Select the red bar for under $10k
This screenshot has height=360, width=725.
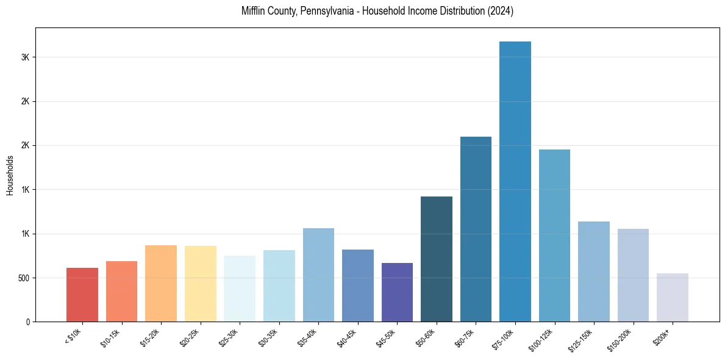82,295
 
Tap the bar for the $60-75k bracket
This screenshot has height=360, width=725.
476,229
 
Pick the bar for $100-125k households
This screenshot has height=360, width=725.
554,236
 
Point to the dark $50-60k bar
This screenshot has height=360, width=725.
437,259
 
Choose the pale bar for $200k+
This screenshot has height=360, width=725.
673,297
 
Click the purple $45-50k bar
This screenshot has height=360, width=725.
397,292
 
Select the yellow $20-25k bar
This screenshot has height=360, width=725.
201,284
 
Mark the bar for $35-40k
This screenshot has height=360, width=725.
318,275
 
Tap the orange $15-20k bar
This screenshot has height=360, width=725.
161,283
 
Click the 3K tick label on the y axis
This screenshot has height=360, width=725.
25,57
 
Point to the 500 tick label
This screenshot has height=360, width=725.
23,278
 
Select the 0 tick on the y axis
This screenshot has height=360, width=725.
27,322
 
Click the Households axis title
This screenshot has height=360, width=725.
10,175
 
